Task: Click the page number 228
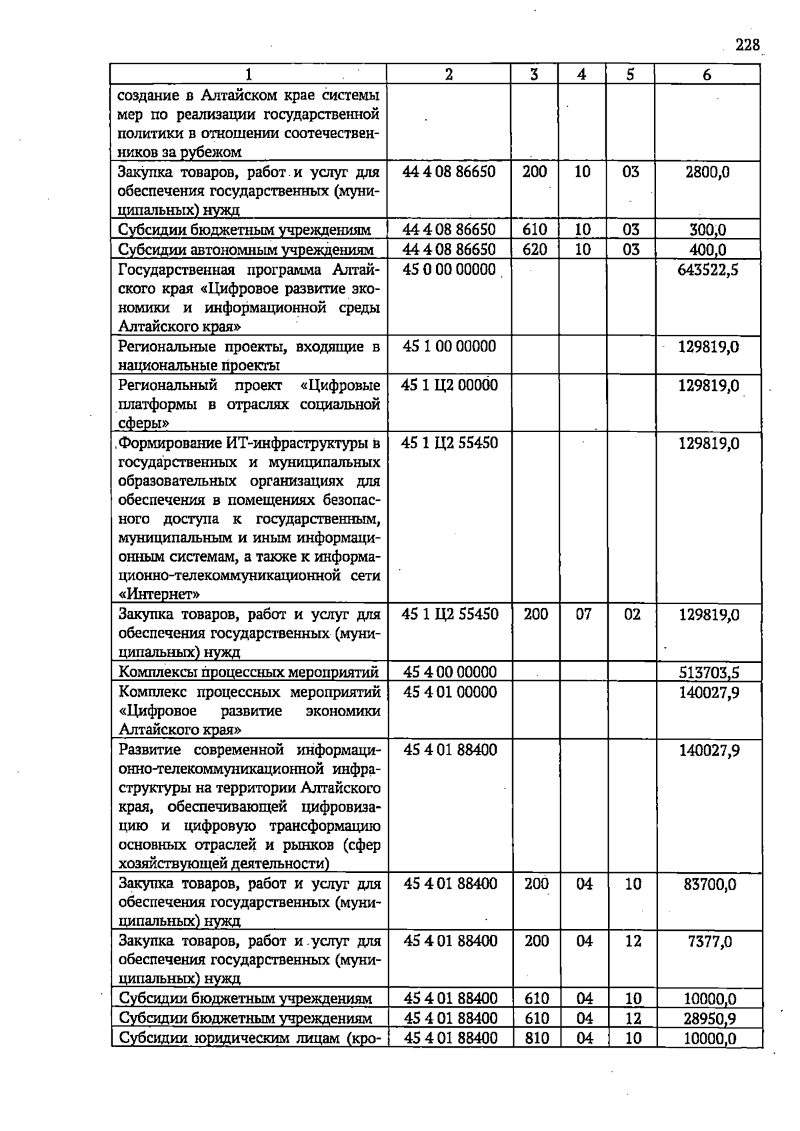747,45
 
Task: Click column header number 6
707,75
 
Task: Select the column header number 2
449,75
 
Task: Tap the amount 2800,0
707,172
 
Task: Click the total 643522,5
707,270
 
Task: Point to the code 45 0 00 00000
449,269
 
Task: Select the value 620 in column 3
535,250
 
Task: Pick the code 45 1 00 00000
449,346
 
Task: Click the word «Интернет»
159,594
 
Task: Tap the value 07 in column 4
583,614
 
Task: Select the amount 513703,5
709,672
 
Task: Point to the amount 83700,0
709,884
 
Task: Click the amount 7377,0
709,942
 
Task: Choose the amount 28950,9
709,1018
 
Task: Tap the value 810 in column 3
537,1038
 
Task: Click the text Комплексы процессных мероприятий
249,672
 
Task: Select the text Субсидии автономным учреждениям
246,250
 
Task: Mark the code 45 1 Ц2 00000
449,385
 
